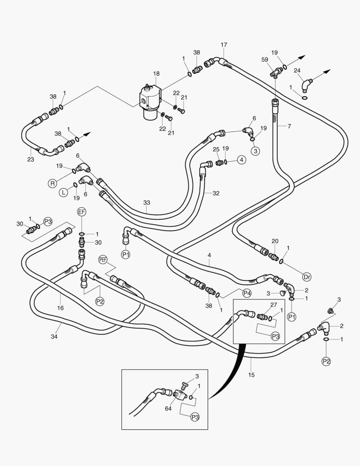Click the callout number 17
(223, 45)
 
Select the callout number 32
(216, 193)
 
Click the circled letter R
(53, 183)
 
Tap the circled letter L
(63, 192)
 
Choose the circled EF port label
(82, 212)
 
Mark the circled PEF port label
(103, 259)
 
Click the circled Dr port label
(307, 277)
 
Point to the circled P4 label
(247, 293)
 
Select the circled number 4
(241, 160)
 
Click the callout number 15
(251, 375)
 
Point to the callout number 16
(60, 308)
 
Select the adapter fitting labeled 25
(218, 163)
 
